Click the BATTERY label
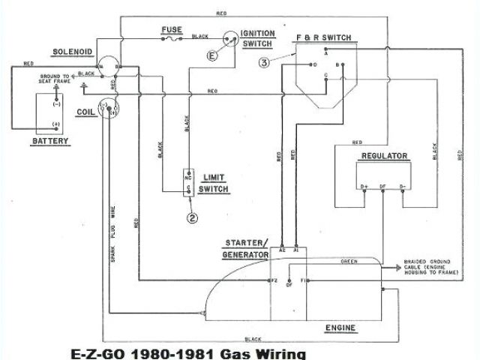point(51,141)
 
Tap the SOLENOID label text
point(73,52)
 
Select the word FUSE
point(171,31)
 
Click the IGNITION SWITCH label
point(257,38)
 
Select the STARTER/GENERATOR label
point(247,250)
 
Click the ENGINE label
point(340,328)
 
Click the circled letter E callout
point(213,55)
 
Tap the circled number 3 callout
point(264,63)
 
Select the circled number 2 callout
point(193,218)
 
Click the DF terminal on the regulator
point(383,185)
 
